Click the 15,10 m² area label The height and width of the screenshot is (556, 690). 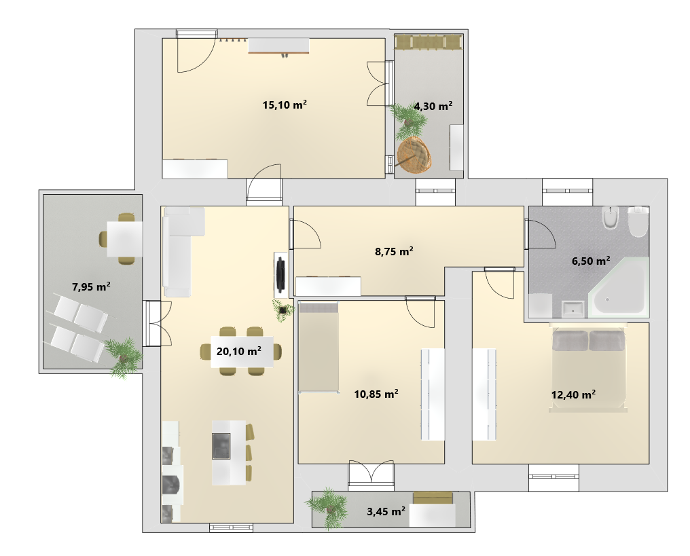coord(285,105)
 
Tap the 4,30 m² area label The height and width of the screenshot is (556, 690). coord(433,106)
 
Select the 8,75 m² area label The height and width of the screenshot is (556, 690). coord(394,251)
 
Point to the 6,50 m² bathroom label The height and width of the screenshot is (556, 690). coord(591,261)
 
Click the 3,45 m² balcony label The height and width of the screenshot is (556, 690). coord(386,511)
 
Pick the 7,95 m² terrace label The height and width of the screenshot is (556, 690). coord(91,286)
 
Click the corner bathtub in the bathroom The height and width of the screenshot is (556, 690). coord(618,286)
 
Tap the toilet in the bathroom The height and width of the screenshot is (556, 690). coord(638,221)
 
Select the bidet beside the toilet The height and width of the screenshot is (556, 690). coord(611,217)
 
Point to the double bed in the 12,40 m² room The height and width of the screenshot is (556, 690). coord(588,367)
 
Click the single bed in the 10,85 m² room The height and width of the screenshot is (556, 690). coord(319,347)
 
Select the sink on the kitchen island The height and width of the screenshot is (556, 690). coord(221,446)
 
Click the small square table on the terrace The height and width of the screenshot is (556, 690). coord(124,238)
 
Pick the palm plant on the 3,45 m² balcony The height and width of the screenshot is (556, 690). coord(328,507)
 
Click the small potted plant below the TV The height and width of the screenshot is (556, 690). coord(282,310)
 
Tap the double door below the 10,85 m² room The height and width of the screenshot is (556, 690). coord(371,475)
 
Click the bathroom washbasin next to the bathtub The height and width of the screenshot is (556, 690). coord(573,309)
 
